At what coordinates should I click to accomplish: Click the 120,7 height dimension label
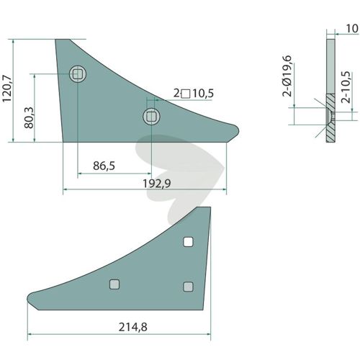(6, 89)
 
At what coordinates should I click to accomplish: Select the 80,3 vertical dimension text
(30, 117)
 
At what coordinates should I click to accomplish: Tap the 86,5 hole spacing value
(104, 166)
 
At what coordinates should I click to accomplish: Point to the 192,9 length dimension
(157, 184)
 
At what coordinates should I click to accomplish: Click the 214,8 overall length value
(132, 327)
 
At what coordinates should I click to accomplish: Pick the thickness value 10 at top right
(352, 29)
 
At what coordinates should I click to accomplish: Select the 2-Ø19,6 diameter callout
(287, 76)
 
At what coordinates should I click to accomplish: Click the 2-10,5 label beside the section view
(346, 87)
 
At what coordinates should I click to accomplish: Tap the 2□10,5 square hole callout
(194, 94)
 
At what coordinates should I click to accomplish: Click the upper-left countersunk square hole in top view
(78, 73)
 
